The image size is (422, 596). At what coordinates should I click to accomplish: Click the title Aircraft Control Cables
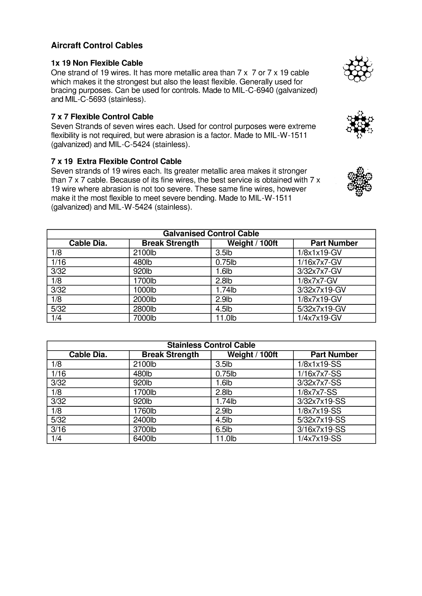click(97, 46)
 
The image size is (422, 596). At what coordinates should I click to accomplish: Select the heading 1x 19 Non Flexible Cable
click(97, 63)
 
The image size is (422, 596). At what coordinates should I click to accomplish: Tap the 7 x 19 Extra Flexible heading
click(116, 161)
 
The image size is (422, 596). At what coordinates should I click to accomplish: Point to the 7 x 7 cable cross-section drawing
click(360, 124)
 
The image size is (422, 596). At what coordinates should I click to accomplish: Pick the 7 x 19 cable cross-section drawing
click(359, 181)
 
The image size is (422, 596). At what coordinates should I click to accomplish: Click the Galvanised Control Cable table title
click(211, 234)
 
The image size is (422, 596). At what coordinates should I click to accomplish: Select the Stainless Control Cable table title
click(211, 345)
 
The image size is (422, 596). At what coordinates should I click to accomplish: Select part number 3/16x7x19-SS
click(322, 429)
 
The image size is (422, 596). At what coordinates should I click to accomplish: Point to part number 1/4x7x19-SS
click(319, 438)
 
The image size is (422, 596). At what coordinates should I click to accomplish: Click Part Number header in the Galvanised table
click(334, 243)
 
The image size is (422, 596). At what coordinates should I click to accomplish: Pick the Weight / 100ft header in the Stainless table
click(252, 355)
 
